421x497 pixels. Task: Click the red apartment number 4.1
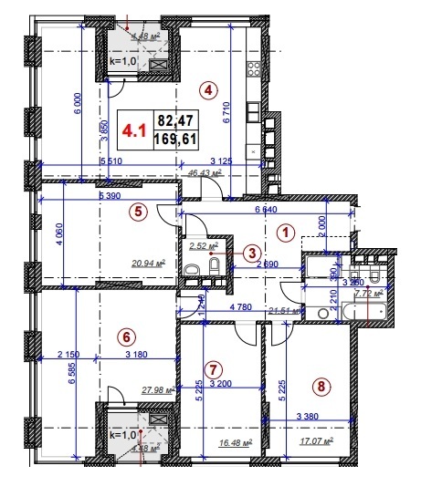[x=135, y=129]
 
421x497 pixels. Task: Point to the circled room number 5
[x=137, y=212]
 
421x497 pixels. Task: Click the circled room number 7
[x=212, y=369]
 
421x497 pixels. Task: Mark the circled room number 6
[x=127, y=337]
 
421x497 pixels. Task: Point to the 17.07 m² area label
[x=315, y=441]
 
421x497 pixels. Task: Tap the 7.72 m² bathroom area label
[x=368, y=295]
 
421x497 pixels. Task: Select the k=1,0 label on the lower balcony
[x=122, y=435]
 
